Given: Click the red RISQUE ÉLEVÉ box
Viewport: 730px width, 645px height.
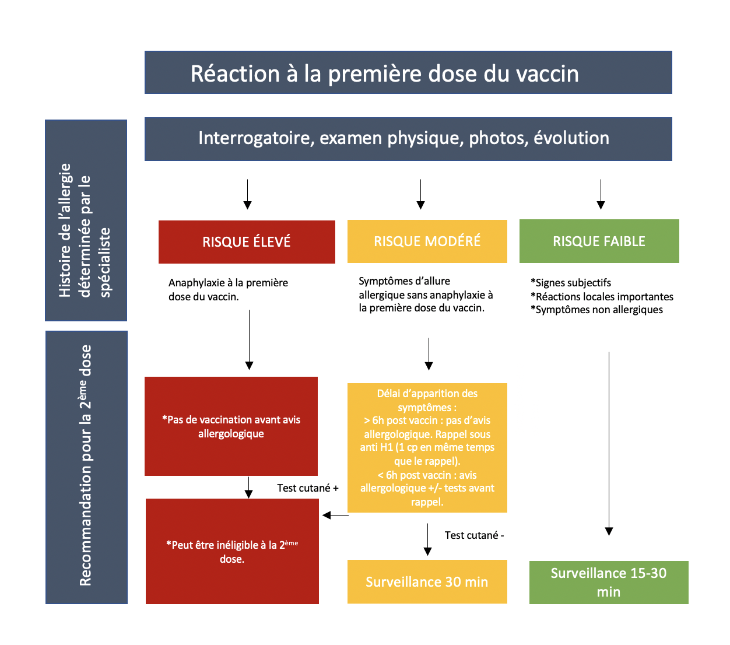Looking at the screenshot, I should (247, 241).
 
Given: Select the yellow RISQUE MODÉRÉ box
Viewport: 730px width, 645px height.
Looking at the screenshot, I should (427, 241).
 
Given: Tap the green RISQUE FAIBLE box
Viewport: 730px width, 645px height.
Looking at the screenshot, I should (599, 241).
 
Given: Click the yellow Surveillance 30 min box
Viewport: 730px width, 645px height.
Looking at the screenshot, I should (427, 581).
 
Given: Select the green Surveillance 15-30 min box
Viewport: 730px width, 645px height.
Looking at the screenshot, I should (608, 582).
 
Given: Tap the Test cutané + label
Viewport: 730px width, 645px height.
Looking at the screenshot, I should (307, 488).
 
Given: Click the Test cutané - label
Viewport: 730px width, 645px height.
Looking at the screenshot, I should (474, 535).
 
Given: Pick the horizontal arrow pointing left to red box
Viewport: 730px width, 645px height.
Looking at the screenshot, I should (335, 515).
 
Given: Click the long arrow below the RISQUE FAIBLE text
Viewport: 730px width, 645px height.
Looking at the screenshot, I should (609, 443).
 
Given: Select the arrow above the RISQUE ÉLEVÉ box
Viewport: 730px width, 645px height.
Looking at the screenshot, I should (247, 194).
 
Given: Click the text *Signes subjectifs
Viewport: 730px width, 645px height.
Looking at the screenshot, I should (571, 283).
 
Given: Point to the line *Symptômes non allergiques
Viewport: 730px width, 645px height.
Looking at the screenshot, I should (596, 310).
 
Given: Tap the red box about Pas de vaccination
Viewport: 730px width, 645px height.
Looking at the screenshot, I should (231, 426).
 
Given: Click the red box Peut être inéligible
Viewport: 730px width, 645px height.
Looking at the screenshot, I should (232, 551).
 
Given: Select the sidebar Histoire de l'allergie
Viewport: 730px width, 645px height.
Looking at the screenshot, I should (86, 220).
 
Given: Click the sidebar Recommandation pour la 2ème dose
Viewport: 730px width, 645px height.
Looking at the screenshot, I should (86, 467).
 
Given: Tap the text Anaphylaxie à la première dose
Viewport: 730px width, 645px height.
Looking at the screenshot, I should (228, 289).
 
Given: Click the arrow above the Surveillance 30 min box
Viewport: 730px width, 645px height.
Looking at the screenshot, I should (427, 539).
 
